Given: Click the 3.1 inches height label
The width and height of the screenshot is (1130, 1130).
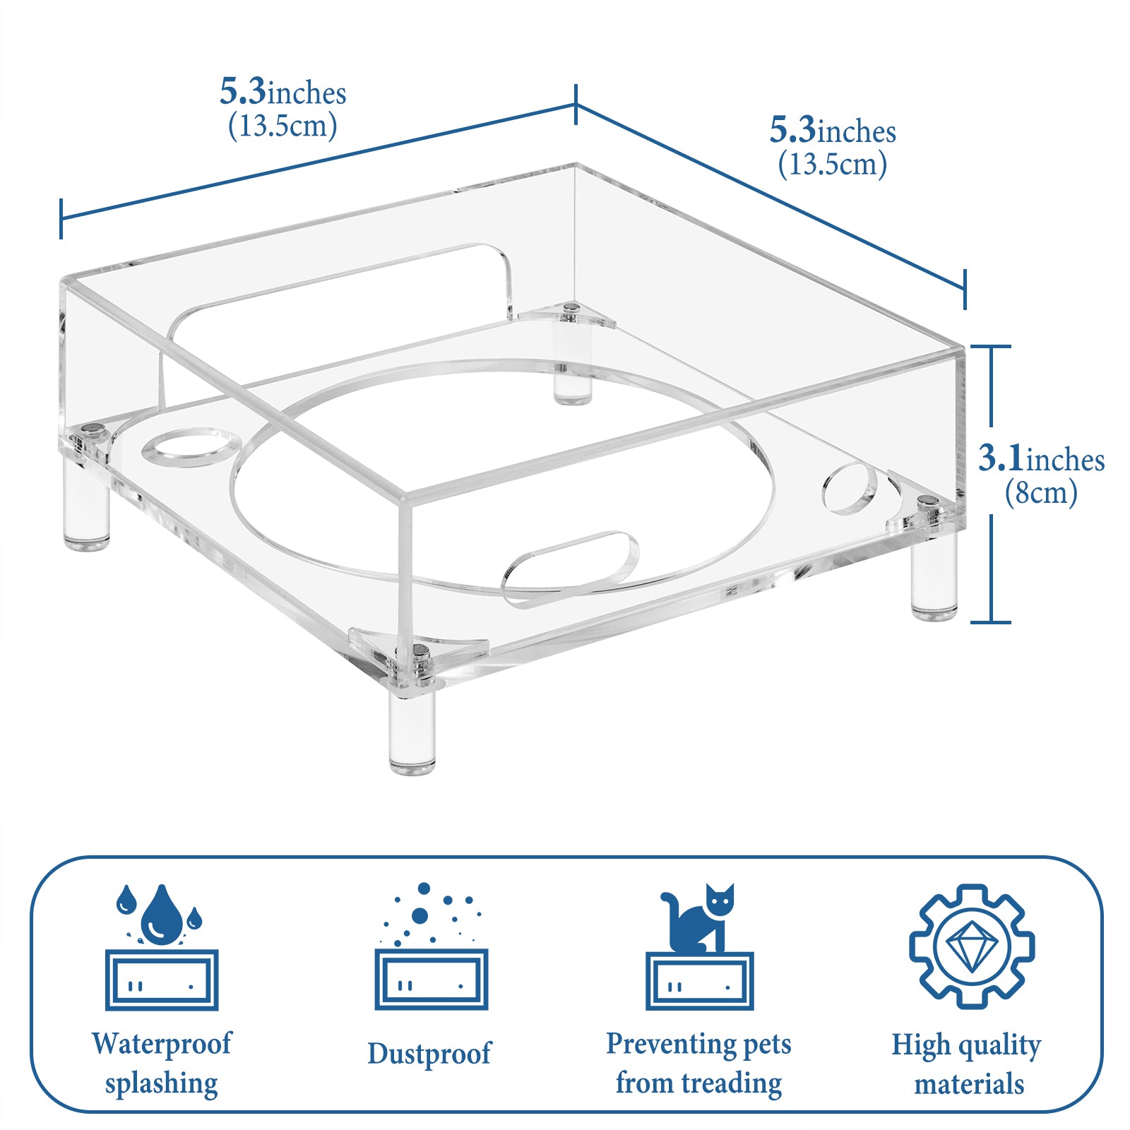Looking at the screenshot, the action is pos(1041,459).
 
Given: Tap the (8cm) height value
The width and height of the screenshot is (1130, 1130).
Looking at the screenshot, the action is pos(1041,492).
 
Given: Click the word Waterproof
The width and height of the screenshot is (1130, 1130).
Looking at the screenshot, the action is pos(161,1043).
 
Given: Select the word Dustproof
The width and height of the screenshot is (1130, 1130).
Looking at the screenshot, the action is pos(429,1053).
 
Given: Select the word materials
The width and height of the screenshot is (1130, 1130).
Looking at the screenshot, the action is pos(969,1084).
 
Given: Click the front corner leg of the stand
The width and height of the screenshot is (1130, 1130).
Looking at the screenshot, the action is pos(412,731).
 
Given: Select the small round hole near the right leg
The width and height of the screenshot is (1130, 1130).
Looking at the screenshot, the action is pos(850,488).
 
